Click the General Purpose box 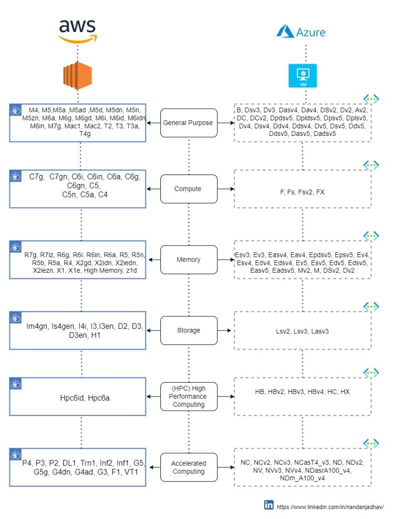189,122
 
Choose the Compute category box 189,189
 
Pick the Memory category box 189,260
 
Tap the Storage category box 189,330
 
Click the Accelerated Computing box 189,467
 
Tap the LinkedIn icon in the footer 269,505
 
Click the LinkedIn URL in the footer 330,506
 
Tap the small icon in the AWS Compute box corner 16,176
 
